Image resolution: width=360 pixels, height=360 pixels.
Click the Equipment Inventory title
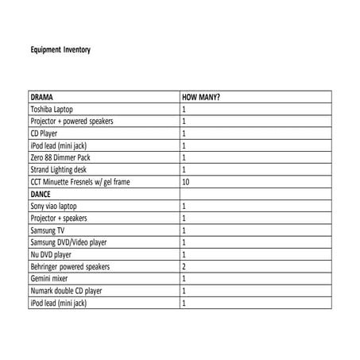(60, 49)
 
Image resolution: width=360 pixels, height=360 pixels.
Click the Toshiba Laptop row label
(55, 110)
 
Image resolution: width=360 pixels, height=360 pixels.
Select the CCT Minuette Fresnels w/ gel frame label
(79, 182)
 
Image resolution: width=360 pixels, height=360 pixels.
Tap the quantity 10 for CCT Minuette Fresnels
(186, 182)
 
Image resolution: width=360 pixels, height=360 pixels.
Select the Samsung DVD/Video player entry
(68, 242)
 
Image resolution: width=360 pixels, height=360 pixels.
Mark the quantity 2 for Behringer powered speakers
(184, 267)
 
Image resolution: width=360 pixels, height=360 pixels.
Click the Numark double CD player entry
(67, 291)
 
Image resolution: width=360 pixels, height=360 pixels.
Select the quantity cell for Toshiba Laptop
(184, 110)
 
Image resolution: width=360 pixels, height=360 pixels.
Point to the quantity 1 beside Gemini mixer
(184, 279)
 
